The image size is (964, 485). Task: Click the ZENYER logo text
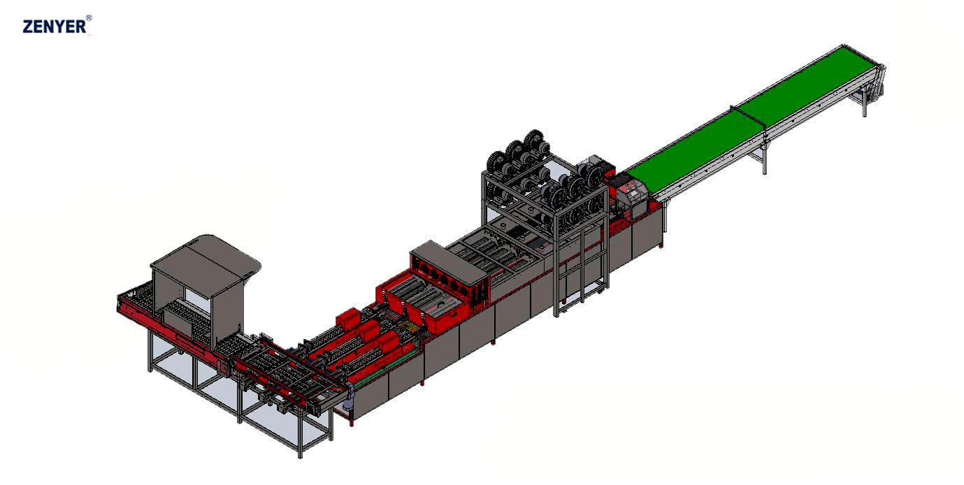click(55, 27)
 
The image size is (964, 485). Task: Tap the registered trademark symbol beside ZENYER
click(89, 17)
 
